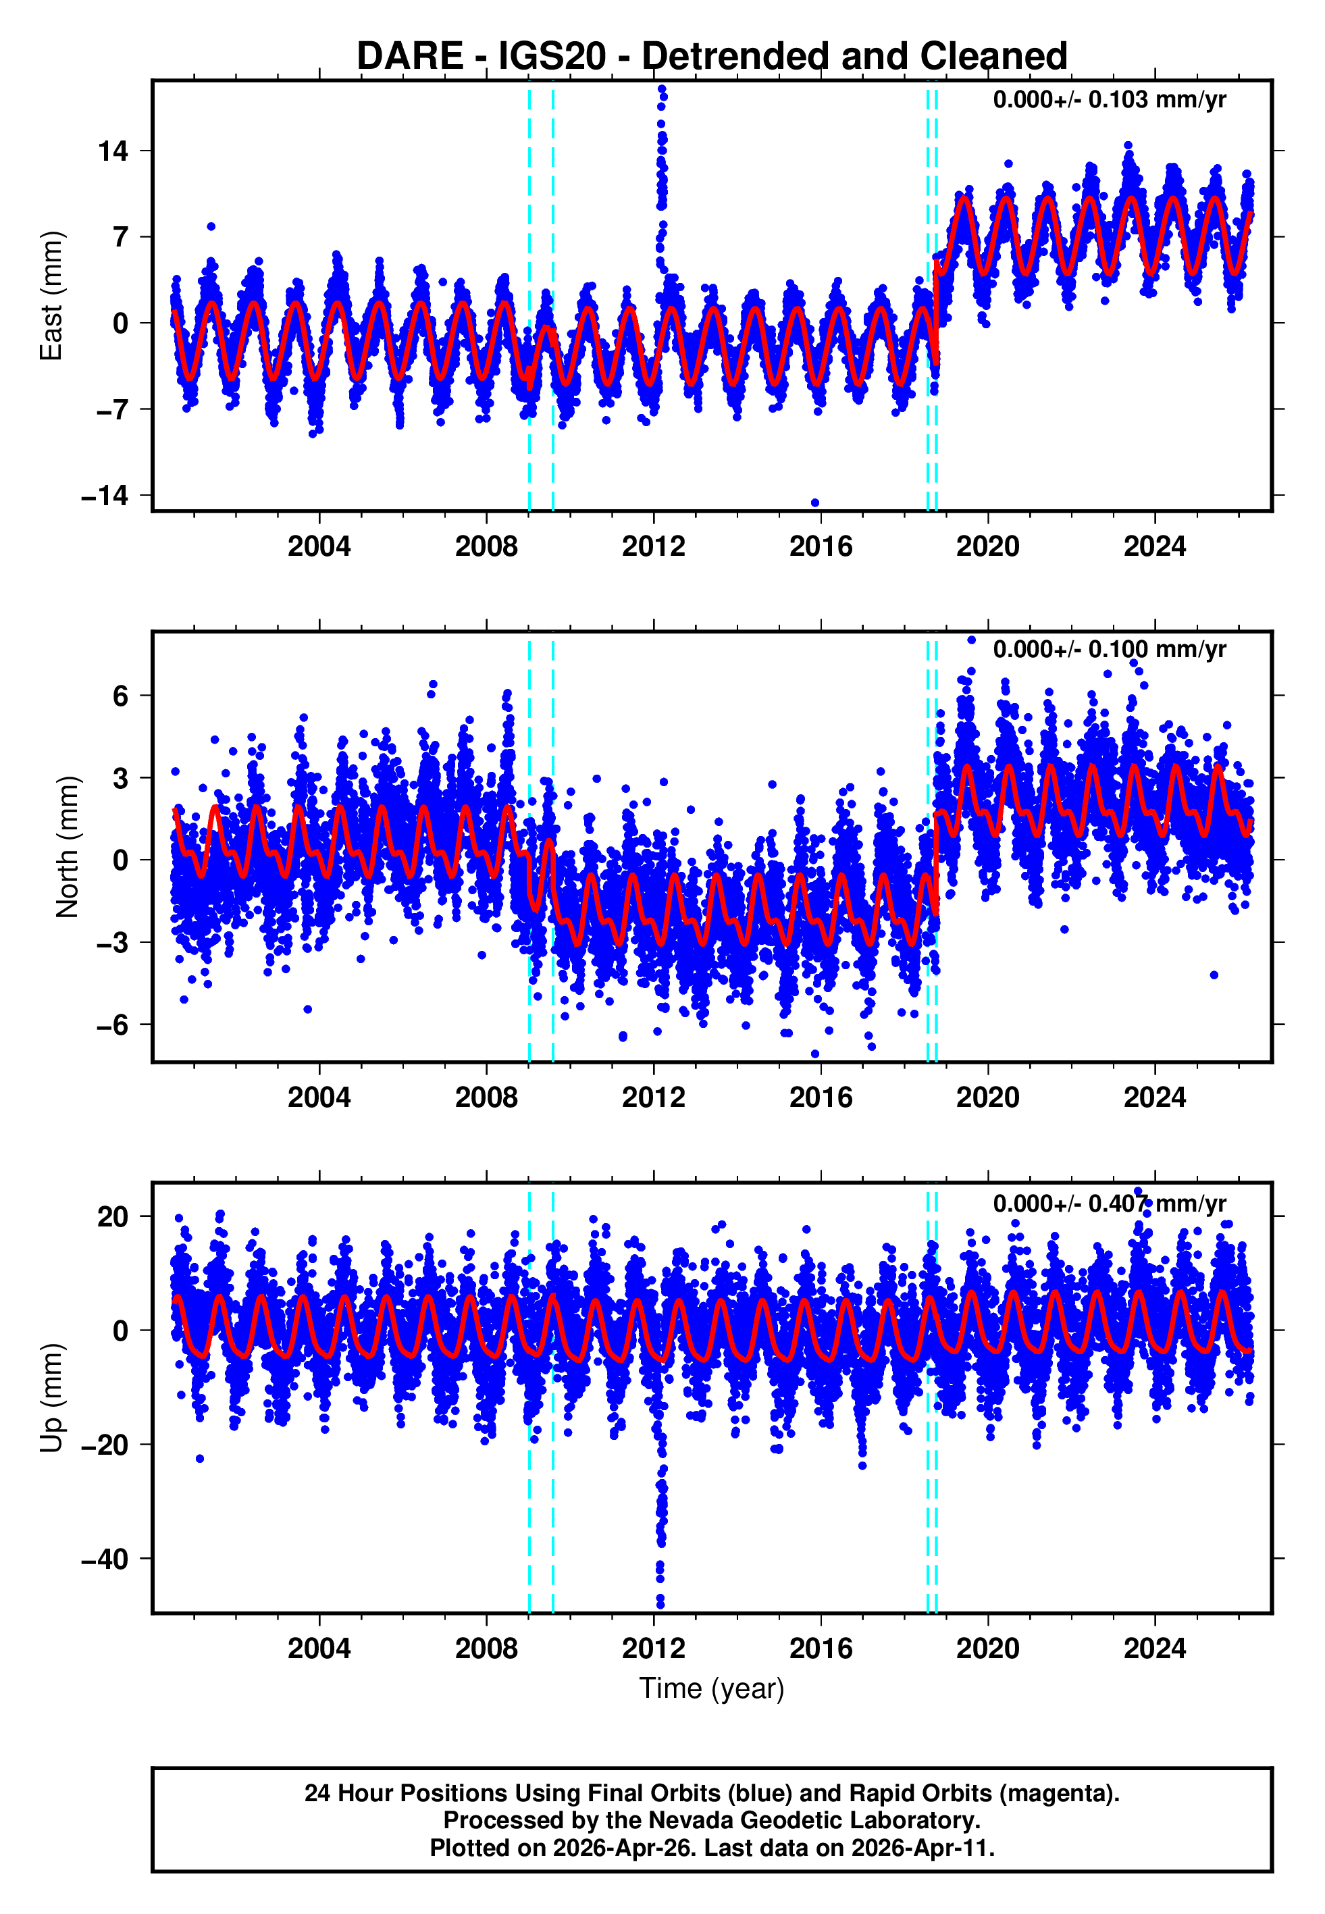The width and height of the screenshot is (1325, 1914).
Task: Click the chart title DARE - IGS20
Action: coord(712,57)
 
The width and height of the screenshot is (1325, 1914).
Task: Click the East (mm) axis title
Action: coord(51,296)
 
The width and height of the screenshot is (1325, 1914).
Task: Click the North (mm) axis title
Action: coord(68,847)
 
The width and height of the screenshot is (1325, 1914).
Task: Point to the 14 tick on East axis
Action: coord(113,151)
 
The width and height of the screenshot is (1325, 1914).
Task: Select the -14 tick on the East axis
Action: coord(105,496)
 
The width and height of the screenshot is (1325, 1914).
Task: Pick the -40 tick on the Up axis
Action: coord(105,1559)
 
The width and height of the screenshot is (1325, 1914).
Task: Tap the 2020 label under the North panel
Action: coord(987,1097)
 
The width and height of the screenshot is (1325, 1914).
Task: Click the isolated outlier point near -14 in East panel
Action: coord(814,503)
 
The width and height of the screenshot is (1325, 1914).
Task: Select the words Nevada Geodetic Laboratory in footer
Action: coord(814,1820)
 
